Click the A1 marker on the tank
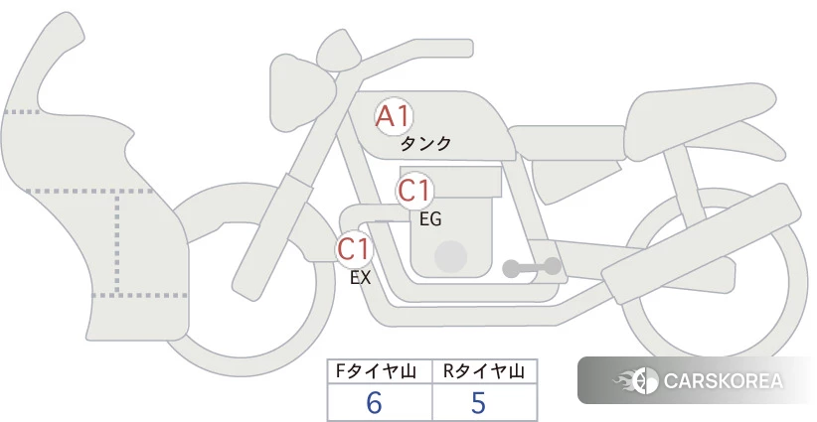394,116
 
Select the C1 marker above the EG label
414,191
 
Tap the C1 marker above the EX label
354,248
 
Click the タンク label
425,144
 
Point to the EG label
430,219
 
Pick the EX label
360,278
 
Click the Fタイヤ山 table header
376,371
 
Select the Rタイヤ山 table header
483,371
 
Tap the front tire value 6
374,403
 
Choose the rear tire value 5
478,403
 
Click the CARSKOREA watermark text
724,381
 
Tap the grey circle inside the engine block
450,256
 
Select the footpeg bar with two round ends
532,267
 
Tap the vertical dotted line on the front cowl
117,243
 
